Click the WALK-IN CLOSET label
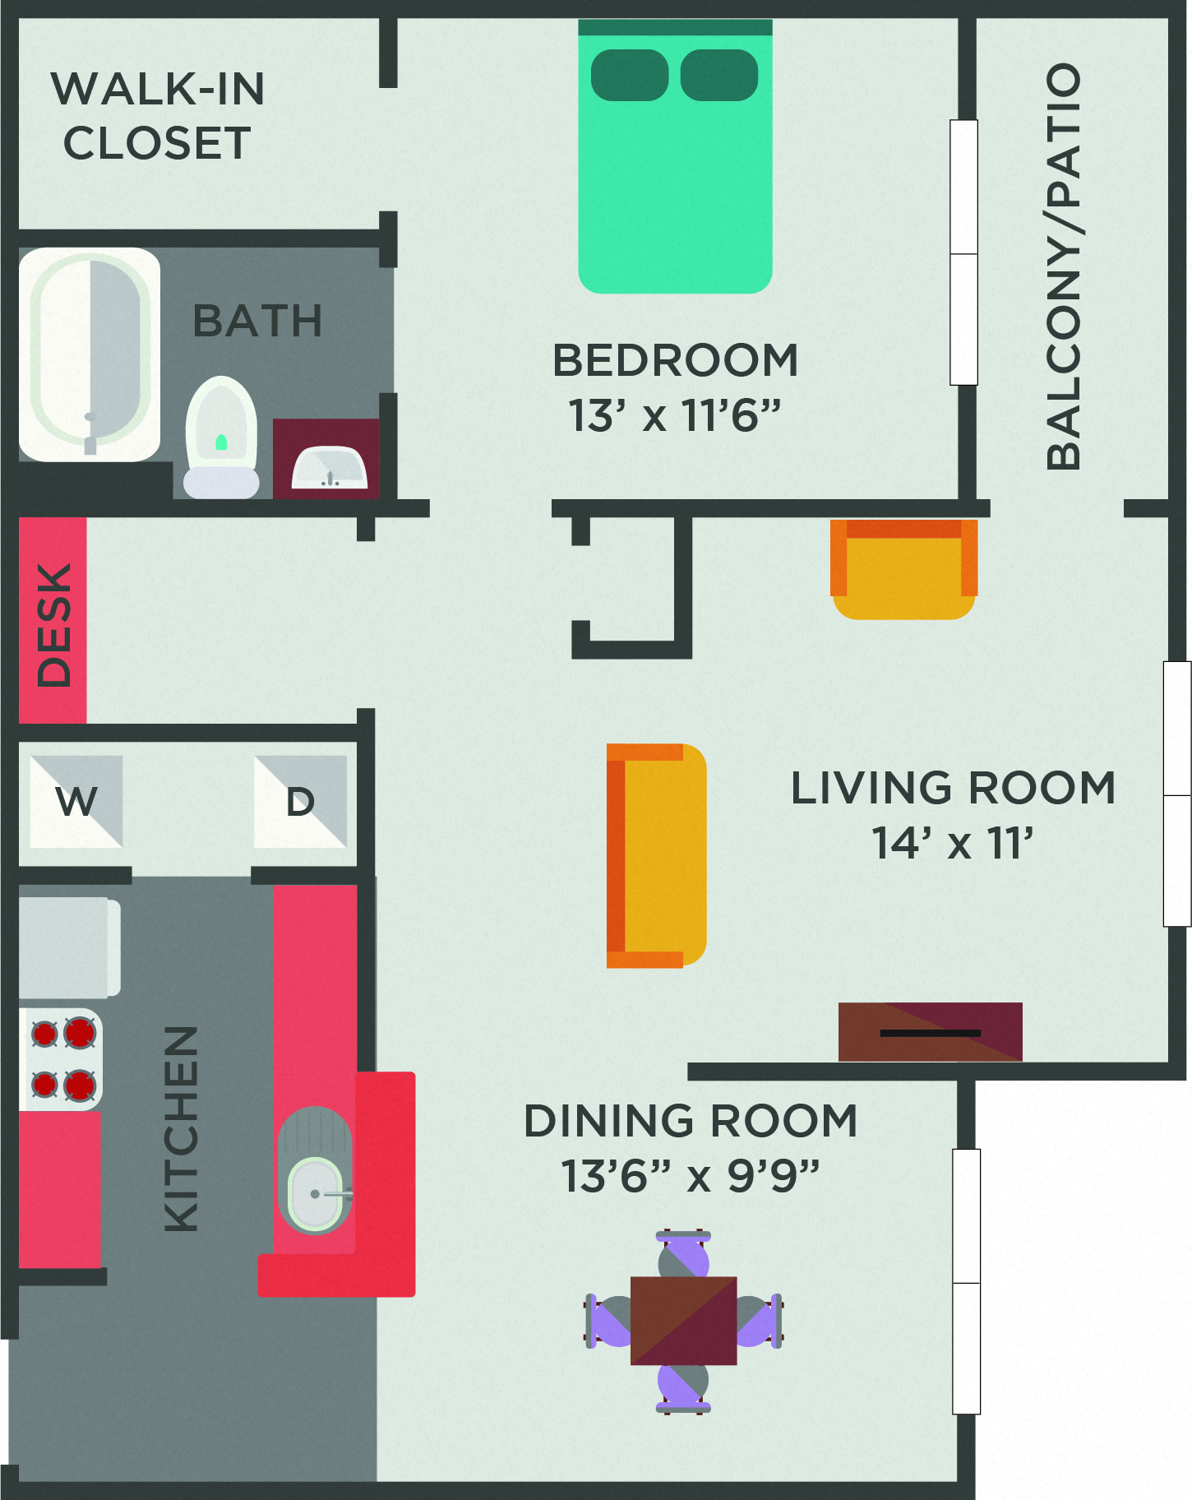point(157,116)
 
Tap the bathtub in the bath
point(90,354)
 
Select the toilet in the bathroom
point(220,436)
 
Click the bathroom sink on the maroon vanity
point(329,467)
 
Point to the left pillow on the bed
point(629,75)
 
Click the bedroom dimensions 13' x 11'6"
point(674,415)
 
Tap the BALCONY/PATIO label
point(1064,265)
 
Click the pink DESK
point(53,622)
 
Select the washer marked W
point(76,801)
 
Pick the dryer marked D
point(300,801)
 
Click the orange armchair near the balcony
point(903,569)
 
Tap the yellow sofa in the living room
point(656,855)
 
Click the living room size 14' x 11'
point(952,843)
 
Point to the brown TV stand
point(930,1031)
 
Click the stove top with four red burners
point(61,1058)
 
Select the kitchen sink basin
point(315,1194)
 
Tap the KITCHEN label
point(182,1128)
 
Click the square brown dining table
point(683,1320)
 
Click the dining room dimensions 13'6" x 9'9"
point(690,1176)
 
